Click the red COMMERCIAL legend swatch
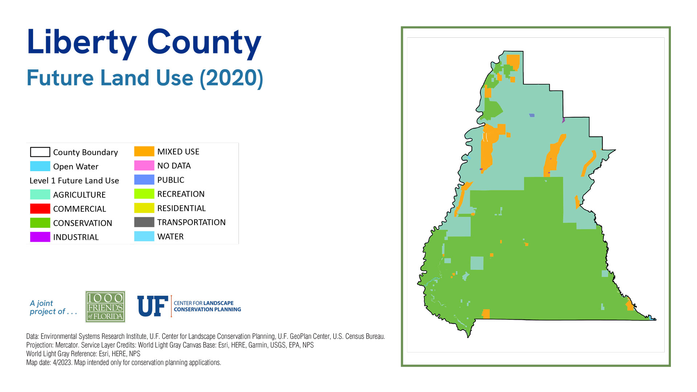[x=40, y=209]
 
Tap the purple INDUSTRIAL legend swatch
[x=40, y=237]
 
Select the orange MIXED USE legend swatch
[x=144, y=151]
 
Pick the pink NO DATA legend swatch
[x=144, y=166]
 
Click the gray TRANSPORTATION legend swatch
[x=144, y=222]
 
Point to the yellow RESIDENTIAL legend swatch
[x=144, y=208]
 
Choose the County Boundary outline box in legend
[x=40, y=152]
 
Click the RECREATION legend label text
[x=181, y=194]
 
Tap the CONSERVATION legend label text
[x=82, y=223]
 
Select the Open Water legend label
[x=76, y=167]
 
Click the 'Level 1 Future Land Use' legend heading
[x=74, y=181]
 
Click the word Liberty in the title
[x=82, y=42]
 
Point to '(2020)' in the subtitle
[x=231, y=78]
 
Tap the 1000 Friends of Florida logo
[x=105, y=307]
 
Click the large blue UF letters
[x=152, y=306]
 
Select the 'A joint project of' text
[x=53, y=307]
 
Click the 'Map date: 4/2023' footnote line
[x=123, y=363]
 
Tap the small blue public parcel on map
[x=532, y=115]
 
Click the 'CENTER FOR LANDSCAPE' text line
[x=203, y=303]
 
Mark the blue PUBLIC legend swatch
[x=144, y=180]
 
